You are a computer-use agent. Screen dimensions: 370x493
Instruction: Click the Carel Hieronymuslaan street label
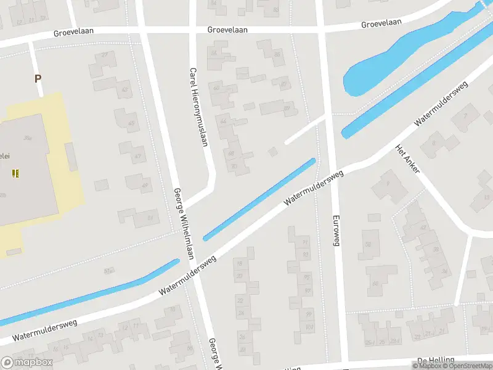coord(198,107)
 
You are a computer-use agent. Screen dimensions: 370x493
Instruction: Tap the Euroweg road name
coord(336,231)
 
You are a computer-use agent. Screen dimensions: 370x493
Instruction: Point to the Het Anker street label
coord(407,158)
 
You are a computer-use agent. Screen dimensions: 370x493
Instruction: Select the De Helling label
coord(435,360)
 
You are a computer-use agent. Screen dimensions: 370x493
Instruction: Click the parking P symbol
coord(38,78)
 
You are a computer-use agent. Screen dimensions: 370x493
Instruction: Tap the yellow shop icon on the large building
coord(15,173)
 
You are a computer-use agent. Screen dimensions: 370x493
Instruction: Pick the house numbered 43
coord(125,91)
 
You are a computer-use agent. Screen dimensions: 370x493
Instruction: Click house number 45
coord(131,123)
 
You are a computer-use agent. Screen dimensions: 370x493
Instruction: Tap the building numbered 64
coord(223,121)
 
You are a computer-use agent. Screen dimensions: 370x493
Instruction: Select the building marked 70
coord(234,166)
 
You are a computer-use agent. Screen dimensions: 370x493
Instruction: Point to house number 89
coord(287,108)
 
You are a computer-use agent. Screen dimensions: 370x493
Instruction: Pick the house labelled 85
coord(277,54)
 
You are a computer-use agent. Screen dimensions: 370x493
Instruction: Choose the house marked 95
coord(307,277)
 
